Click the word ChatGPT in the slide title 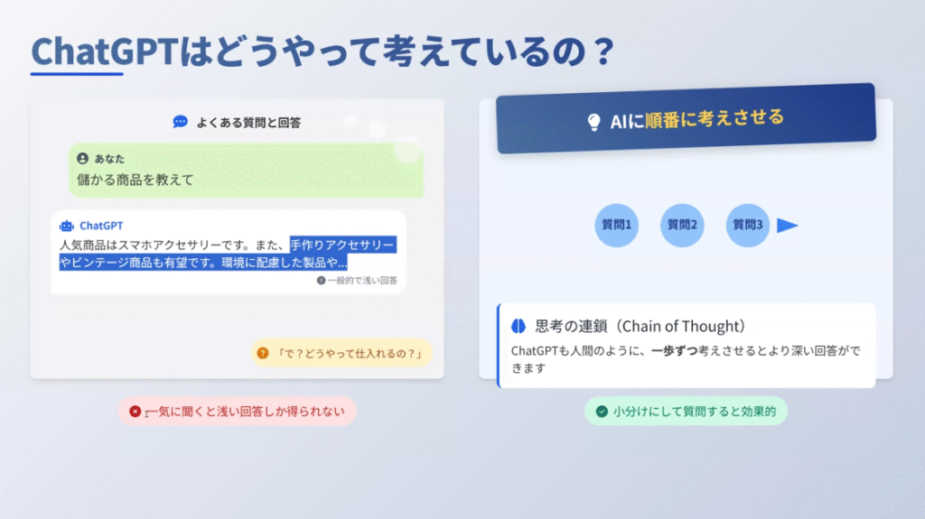pyautogui.click(x=105, y=51)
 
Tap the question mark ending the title pyautogui.click(x=603, y=51)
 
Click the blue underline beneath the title pyautogui.click(x=77, y=74)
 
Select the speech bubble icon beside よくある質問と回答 pyautogui.click(x=180, y=122)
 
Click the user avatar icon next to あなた pyautogui.click(x=82, y=158)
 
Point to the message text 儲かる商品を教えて pyautogui.click(x=135, y=180)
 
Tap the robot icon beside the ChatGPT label pyautogui.click(x=67, y=226)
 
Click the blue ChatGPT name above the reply pyautogui.click(x=101, y=226)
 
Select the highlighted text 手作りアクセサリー pyautogui.click(x=341, y=245)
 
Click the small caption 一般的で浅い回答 pyautogui.click(x=362, y=280)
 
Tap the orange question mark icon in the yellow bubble pyautogui.click(x=263, y=353)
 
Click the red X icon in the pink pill pyautogui.click(x=135, y=411)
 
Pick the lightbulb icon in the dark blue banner pyautogui.click(x=594, y=122)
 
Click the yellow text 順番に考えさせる pyautogui.click(x=715, y=118)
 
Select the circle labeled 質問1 pyautogui.click(x=616, y=226)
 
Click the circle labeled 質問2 pyautogui.click(x=682, y=226)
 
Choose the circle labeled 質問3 pyautogui.click(x=747, y=226)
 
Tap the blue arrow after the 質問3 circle pyautogui.click(x=787, y=226)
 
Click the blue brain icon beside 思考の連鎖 pyautogui.click(x=519, y=326)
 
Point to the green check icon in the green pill pyautogui.click(x=602, y=411)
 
